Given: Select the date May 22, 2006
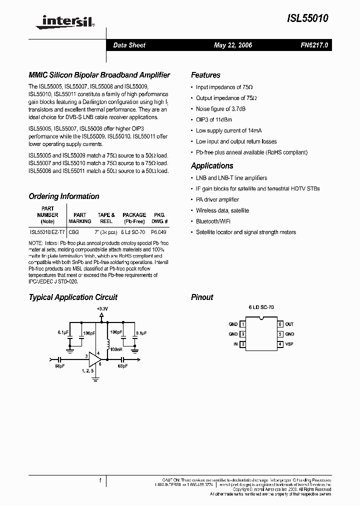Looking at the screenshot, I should (233, 45).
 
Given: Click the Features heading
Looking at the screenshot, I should (205, 75).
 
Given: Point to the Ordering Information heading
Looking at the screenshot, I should (64, 196).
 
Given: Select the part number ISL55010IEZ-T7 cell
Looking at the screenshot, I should (47, 232).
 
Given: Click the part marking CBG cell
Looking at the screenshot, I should (74, 232).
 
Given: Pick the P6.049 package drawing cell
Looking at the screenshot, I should (159, 232).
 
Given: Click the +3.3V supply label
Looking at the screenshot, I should (102, 309).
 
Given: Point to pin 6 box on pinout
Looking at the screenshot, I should (280, 324).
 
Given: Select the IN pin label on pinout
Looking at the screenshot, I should (235, 344).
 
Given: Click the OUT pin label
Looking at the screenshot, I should (290, 324).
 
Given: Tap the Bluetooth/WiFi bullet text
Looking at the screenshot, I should (213, 221).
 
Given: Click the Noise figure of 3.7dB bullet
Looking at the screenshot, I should (220, 109).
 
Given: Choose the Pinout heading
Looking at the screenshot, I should (202, 297).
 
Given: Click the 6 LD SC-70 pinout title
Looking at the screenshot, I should (261, 308).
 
